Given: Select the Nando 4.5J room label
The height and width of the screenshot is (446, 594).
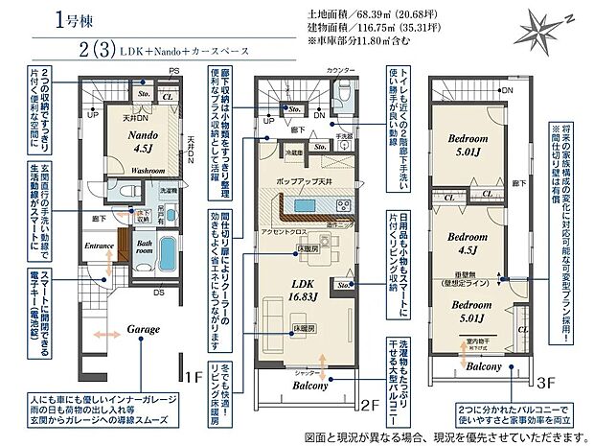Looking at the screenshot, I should tap(145, 141).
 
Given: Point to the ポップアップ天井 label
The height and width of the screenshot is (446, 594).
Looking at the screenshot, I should tap(307, 181).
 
